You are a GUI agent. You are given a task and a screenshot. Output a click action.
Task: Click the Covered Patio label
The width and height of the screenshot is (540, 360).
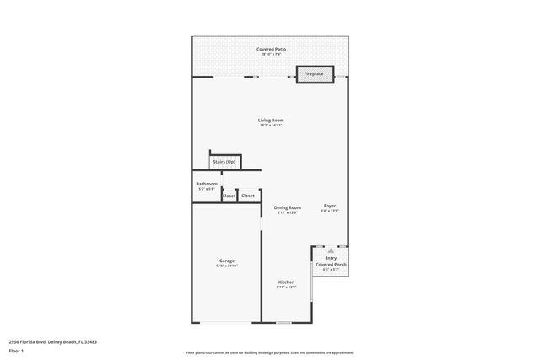[x=271, y=49]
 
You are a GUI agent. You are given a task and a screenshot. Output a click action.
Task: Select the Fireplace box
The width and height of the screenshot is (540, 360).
[x=314, y=74]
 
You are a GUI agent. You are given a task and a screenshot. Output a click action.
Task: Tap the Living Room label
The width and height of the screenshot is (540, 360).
[x=271, y=120]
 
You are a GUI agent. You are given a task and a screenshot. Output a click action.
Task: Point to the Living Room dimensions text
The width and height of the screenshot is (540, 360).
[x=271, y=126]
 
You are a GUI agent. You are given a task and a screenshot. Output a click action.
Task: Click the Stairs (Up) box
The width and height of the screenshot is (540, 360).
[x=224, y=162]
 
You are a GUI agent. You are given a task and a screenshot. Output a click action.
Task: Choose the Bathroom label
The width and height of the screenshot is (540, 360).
[x=207, y=184]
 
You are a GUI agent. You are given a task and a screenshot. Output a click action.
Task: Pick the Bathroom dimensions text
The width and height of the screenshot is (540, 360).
[x=207, y=190]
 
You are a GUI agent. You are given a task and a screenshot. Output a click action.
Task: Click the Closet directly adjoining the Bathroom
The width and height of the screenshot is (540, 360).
[x=229, y=196]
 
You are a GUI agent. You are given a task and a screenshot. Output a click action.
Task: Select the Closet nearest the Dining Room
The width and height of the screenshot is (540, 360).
[x=248, y=196]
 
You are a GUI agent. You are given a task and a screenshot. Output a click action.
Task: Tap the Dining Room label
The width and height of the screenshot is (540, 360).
[x=288, y=207]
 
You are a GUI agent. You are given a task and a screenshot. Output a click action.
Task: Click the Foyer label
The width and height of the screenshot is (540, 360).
[x=330, y=206]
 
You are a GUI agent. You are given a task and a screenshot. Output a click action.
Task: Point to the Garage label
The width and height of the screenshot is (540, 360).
[x=227, y=261]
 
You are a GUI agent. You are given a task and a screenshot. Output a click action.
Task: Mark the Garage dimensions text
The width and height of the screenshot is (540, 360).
[x=227, y=266]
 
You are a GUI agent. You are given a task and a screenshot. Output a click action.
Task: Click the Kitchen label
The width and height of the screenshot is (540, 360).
[x=287, y=282]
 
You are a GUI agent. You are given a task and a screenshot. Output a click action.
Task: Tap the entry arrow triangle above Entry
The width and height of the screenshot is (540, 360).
[x=332, y=250]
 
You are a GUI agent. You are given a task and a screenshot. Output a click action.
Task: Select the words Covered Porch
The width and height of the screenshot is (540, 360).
[x=332, y=265]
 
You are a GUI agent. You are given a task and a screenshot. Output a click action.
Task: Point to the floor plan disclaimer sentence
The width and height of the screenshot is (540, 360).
[x=270, y=353]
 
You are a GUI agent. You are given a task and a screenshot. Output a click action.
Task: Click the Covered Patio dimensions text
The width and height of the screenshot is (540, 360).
[x=271, y=55]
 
